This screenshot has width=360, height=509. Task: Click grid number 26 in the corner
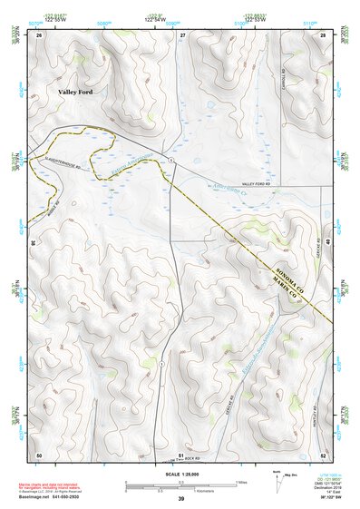point(39,34)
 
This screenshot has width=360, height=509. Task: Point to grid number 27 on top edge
point(181,34)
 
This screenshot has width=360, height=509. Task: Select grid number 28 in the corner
point(322,34)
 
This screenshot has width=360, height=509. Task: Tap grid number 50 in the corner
point(39,455)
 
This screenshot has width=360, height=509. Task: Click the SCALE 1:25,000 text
point(180,475)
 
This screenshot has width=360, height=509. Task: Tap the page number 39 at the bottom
point(180,498)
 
